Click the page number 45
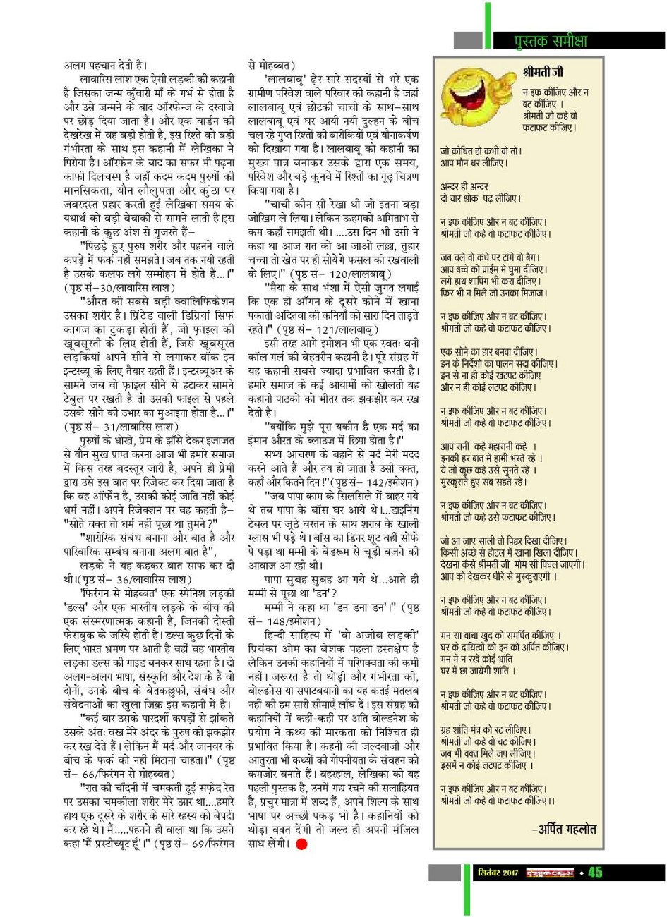(x=594, y=873)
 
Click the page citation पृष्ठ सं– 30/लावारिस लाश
(x=116, y=288)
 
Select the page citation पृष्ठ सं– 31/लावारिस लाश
(x=116, y=425)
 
